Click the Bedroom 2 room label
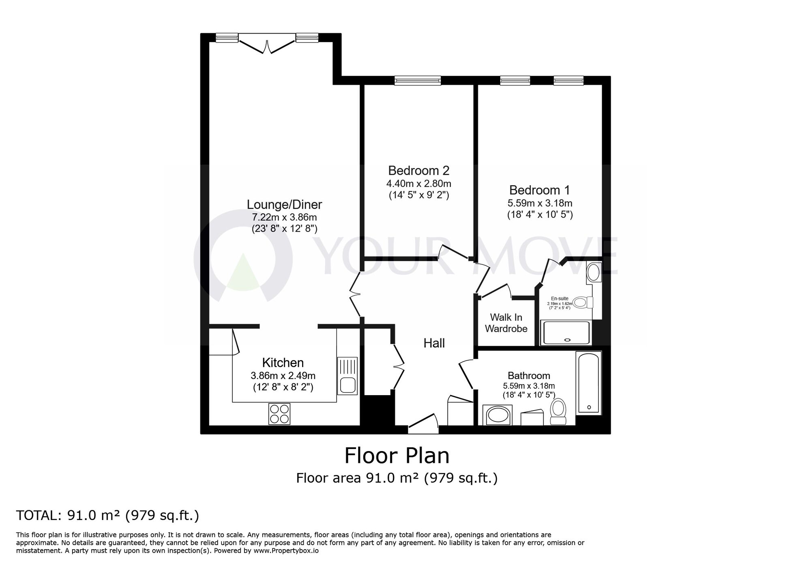pos(418,170)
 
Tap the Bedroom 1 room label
pos(539,190)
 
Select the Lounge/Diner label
pos(284,204)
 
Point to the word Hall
pos(434,343)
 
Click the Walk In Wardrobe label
pos(506,323)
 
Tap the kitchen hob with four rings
pos(279,413)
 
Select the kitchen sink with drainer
pos(347,376)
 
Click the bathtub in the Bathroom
pos(589,382)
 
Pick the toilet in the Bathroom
pos(558,411)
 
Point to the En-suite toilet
pos(584,302)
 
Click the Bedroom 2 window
pos(418,81)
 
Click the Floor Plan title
pos(397,456)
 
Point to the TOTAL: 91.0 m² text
pos(107,516)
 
